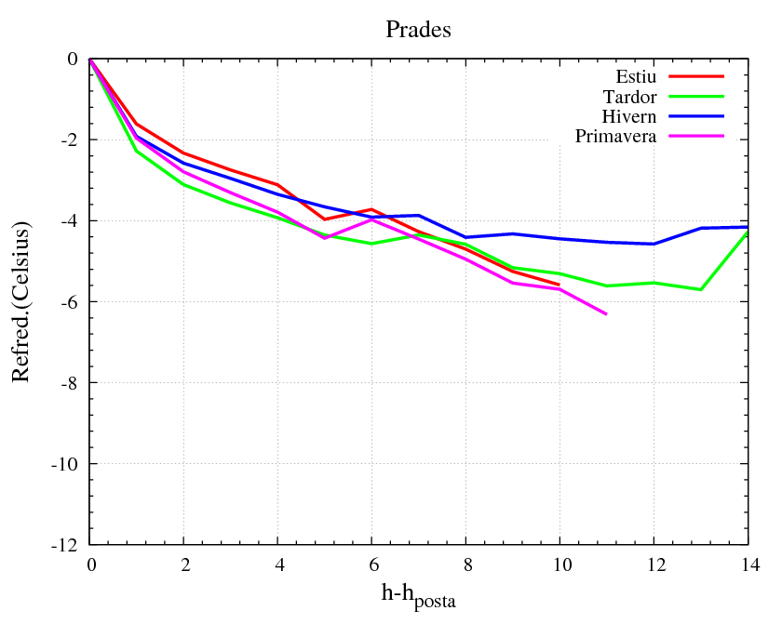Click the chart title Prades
(x=418, y=30)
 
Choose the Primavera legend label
(x=616, y=137)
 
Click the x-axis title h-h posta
(x=419, y=595)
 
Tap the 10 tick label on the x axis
(x=560, y=565)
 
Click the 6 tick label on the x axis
(x=372, y=565)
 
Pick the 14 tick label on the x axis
(x=747, y=565)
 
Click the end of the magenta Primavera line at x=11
(x=606, y=314)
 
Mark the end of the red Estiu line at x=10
(x=560, y=285)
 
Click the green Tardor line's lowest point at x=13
(x=700, y=289)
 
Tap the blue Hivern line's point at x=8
(x=465, y=237)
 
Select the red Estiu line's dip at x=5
(x=325, y=219)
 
